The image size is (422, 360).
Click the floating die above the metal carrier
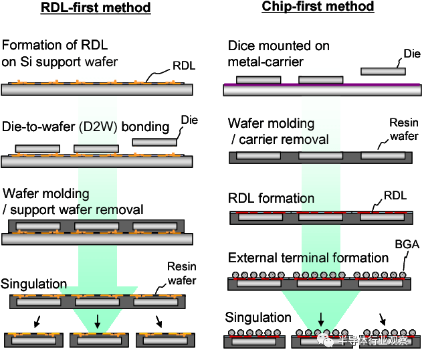click(x=384, y=71)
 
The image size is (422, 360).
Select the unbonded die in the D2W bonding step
click(x=155, y=142)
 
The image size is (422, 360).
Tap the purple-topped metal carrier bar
click(x=321, y=88)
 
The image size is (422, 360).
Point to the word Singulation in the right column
click(x=258, y=317)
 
